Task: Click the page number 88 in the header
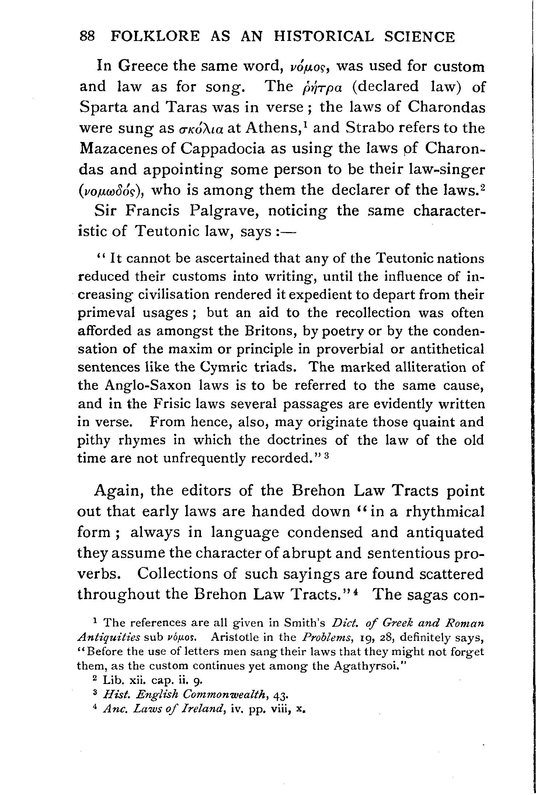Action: point(88,37)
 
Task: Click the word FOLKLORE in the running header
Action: point(156,37)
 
